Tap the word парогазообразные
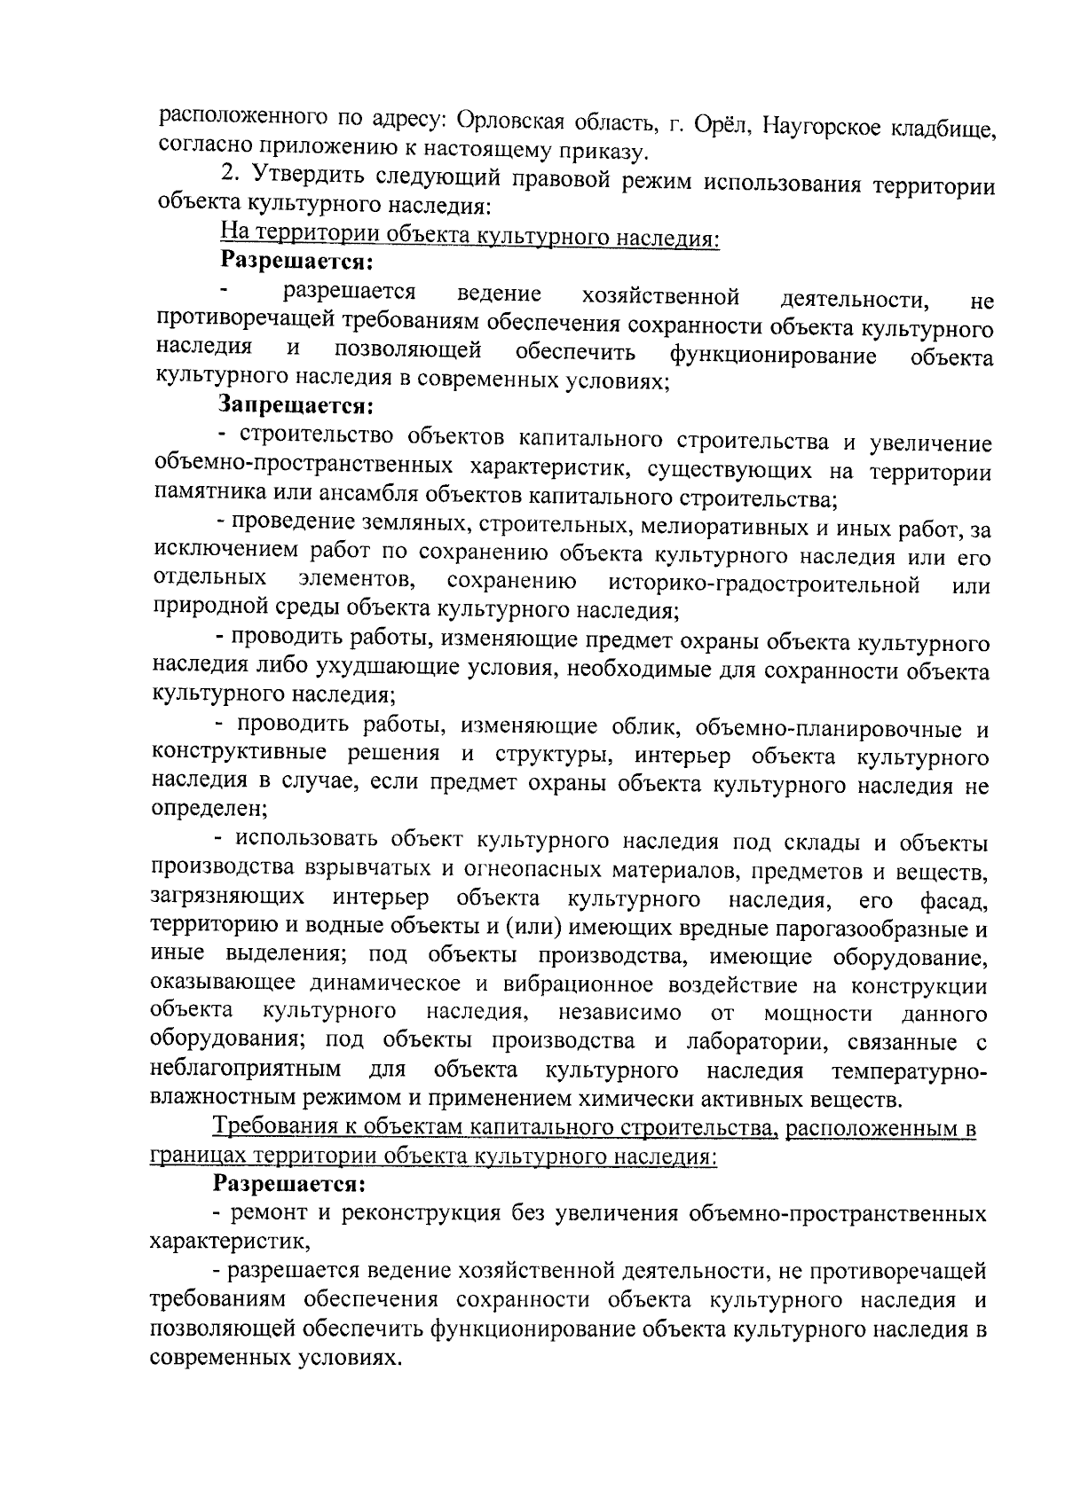click(872, 928)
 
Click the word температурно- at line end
click(909, 1070)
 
